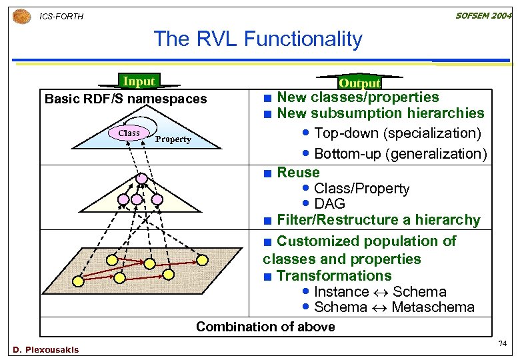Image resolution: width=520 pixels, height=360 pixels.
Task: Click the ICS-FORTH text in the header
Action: (61, 16)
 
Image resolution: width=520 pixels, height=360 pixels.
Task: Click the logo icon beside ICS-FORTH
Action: (22, 15)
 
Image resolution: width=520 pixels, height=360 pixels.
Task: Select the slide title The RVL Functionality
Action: (257, 39)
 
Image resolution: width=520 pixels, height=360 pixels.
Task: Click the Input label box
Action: (139, 81)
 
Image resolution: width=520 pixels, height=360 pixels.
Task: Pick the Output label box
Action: (359, 83)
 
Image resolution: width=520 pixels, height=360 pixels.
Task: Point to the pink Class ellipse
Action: (129, 133)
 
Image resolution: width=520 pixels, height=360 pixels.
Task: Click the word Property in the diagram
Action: (173, 139)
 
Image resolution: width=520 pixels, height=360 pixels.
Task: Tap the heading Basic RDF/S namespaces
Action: (125, 99)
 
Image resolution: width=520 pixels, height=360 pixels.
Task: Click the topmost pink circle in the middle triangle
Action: (141, 179)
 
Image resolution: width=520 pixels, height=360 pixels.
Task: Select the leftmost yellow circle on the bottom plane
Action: (79, 281)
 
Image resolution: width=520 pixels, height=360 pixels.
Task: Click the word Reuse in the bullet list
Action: (298, 172)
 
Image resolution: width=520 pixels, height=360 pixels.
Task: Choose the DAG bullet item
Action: (329, 204)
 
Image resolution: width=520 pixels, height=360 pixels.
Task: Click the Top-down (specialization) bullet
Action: (397, 133)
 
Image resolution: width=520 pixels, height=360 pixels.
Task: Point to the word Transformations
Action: (334, 275)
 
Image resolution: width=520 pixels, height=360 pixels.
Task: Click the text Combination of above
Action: (265, 327)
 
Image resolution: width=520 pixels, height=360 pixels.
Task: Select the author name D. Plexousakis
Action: (45, 350)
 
